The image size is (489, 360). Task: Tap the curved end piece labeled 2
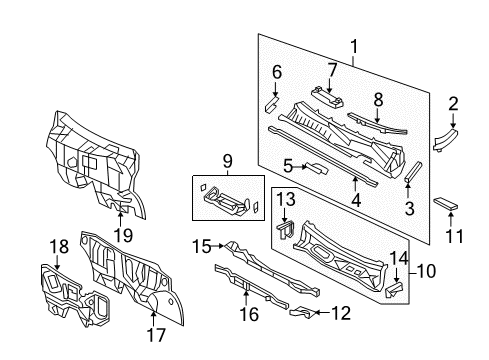(444, 141)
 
